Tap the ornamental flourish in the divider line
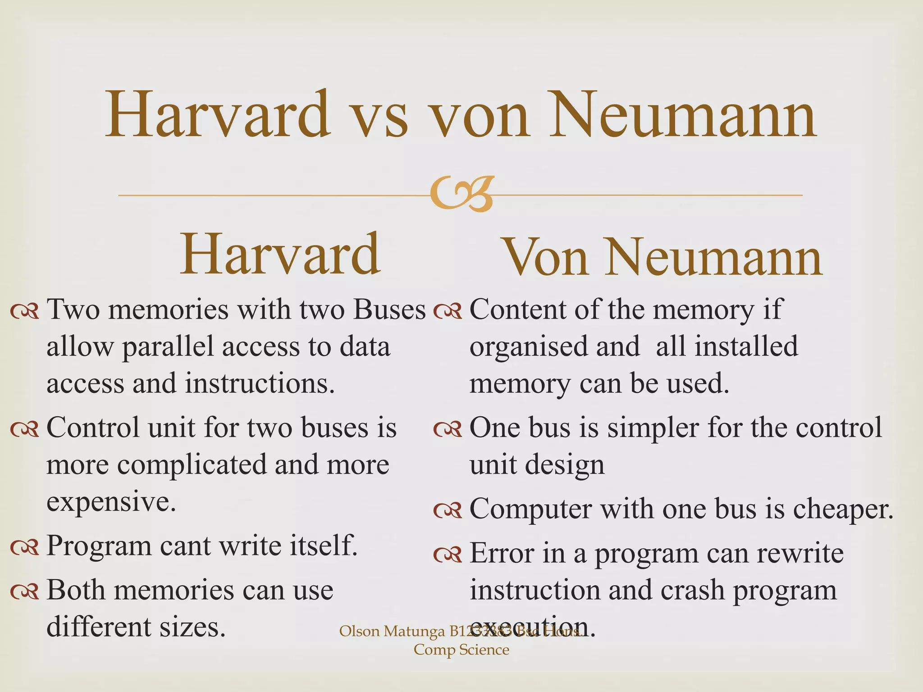point(461,194)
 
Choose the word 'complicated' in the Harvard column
point(192,465)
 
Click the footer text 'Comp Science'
point(461,650)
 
